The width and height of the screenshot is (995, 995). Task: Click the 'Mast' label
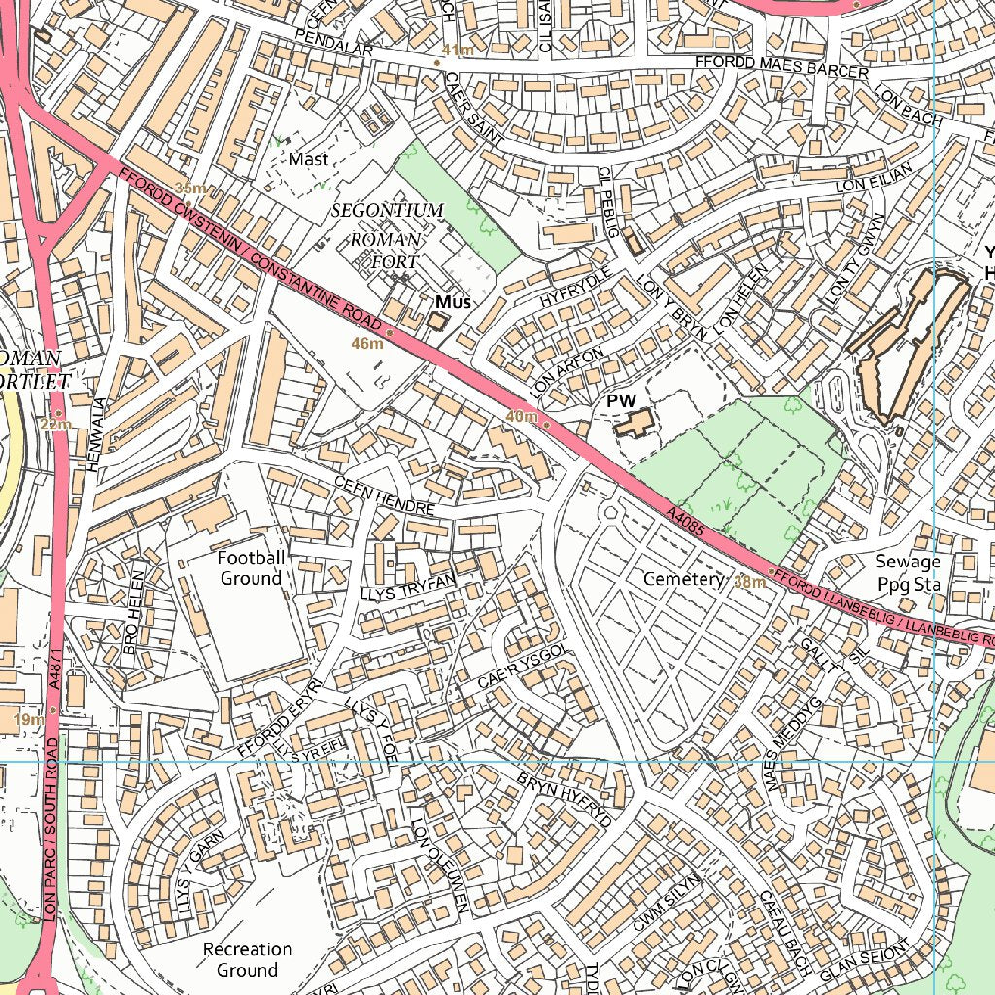click(309, 157)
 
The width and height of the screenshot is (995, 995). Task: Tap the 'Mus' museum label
click(452, 302)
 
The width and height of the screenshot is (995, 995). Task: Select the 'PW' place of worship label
click(621, 400)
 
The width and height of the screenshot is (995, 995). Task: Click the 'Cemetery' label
click(684, 579)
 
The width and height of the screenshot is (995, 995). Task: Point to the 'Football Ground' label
click(251, 567)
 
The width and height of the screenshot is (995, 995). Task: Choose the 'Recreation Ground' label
click(247, 959)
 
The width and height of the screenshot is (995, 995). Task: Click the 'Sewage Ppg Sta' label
click(908, 573)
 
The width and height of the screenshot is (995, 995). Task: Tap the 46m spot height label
click(367, 344)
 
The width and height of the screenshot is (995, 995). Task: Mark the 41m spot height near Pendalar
click(457, 50)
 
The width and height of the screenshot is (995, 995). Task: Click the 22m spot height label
click(55, 424)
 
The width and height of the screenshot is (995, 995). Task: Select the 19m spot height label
click(28, 720)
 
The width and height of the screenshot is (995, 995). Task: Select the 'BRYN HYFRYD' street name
click(564, 800)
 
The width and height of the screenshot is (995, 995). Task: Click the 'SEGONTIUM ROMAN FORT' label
click(388, 236)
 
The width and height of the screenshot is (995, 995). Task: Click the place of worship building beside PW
click(633, 425)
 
